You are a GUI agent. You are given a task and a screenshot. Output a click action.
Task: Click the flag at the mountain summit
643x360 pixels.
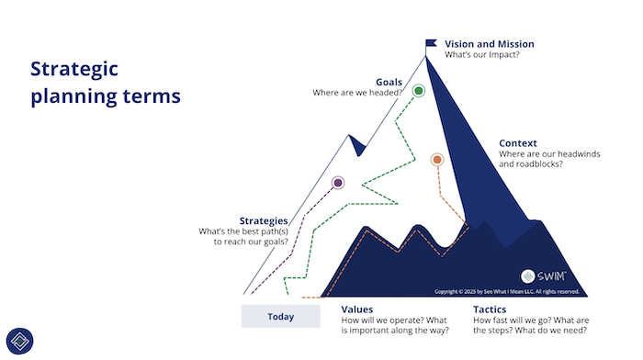pos(431,43)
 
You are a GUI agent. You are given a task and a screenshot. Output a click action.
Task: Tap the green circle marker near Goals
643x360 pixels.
pos(419,91)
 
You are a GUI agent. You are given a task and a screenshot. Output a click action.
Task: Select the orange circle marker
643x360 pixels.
pos(437,160)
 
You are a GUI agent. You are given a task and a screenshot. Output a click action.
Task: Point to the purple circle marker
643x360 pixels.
pos(338,183)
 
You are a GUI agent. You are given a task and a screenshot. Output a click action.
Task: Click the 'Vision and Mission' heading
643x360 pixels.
pos(490,44)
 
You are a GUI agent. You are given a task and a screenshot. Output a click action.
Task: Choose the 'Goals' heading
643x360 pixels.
pos(389,82)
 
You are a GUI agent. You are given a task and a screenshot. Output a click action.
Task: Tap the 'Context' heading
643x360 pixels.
pos(517,143)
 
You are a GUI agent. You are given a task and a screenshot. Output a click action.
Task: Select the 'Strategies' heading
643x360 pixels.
pos(264,221)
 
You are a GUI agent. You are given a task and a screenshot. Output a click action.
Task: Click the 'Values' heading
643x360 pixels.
pos(356,309)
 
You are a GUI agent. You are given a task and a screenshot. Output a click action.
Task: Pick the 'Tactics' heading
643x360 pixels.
pos(490,309)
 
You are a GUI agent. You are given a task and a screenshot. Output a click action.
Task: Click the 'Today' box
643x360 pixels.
pos(280,316)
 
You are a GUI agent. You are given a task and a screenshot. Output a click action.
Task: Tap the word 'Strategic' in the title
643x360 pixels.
pos(74,69)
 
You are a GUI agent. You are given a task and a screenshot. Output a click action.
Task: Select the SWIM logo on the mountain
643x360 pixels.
pos(544,276)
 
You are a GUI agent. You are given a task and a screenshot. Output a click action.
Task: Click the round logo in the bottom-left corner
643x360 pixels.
pos(19,341)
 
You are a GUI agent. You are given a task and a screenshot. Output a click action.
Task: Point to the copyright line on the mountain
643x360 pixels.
pos(507,291)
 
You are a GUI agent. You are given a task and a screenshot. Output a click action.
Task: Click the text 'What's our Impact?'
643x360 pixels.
pos(482,54)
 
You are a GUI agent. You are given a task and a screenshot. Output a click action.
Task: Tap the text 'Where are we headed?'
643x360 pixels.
pos(357,93)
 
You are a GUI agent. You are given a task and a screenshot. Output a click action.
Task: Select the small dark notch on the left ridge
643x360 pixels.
pos(357,145)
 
